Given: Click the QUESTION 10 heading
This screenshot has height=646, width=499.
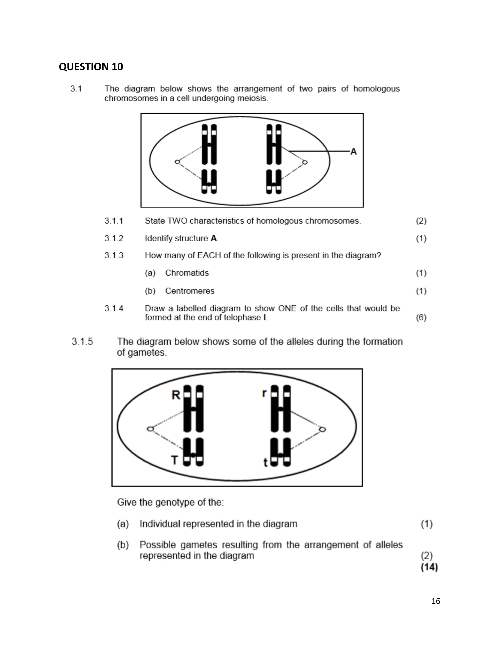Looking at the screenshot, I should (x=91, y=67).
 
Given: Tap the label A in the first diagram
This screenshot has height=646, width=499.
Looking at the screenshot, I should (x=354, y=152).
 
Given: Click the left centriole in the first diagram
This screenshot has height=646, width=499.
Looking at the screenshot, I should (x=177, y=162).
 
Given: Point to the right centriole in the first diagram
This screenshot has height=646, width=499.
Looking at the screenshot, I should (x=305, y=162).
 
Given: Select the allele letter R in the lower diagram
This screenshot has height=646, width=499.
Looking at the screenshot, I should (x=176, y=395).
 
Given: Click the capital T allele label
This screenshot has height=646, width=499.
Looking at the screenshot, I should (x=175, y=460).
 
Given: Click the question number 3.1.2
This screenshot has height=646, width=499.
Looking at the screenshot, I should (x=114, y=238).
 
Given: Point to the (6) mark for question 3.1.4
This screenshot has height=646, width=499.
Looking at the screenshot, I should (x=421, y=318).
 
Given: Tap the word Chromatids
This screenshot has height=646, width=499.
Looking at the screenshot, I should (x=187, y=273).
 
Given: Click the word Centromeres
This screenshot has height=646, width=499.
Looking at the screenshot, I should (x=190, y=291).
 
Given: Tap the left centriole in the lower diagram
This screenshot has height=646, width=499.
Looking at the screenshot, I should (x=150, y=429).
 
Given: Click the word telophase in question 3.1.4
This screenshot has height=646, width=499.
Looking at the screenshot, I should (x=242, y=318).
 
